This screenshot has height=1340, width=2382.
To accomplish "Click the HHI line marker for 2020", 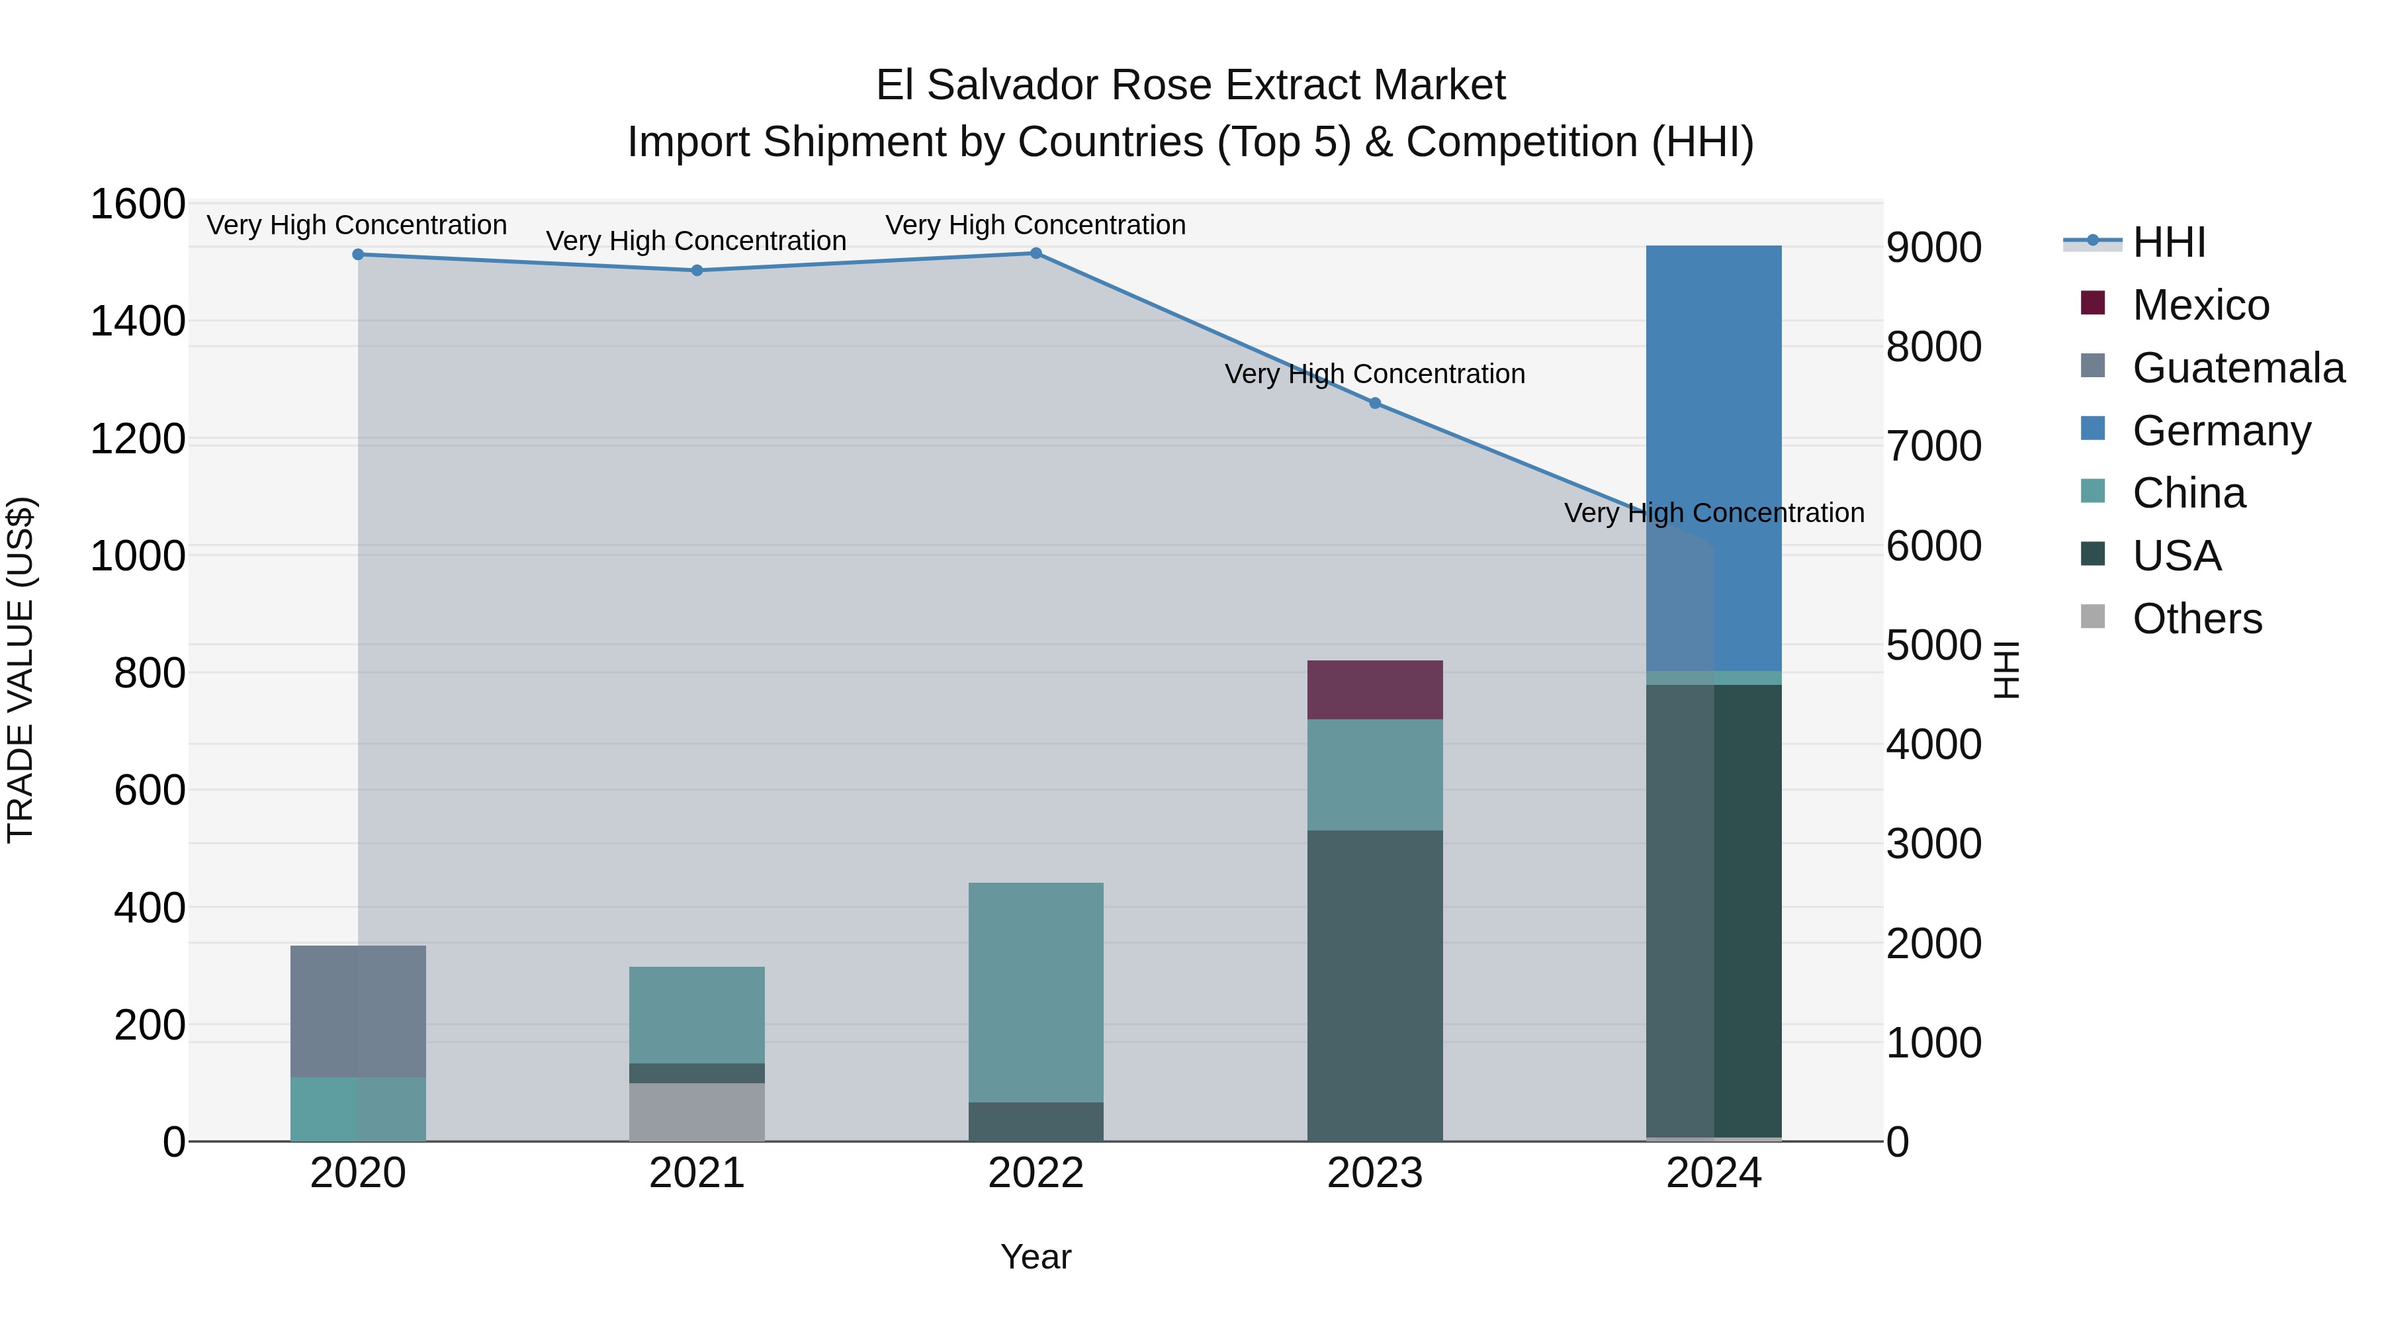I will pyautogui.click(x=358, y=254).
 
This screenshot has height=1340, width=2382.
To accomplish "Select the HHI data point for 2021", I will pyautogui.click(x=697, y=270).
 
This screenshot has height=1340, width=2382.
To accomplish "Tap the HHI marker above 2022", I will pyautogui.click(x=1036, y=253).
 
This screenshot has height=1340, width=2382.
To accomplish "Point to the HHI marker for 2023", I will pyautogui.click(x=1375, y=403).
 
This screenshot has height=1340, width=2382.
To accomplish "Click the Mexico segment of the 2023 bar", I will pyautogui.click(x=1375, y=690).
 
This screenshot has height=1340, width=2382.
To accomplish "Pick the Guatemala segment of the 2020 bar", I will pyautogui.click(x=358, y=1010).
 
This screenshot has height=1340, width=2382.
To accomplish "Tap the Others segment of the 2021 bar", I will pyautogui.click(x=697, y=1112).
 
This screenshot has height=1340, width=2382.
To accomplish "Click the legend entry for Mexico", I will pyautogui.click(x=2200, y=305).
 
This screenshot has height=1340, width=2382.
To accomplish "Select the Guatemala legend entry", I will pyautogui.click(x=2238, y=368).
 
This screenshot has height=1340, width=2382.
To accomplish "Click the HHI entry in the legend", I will pyautogui.click(x=2168, y=242).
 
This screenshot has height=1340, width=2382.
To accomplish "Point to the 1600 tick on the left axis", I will pyautogui.click(x=138, y=204).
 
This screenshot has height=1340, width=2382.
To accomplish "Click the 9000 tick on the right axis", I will pyautogui.click(x=1933, y=248).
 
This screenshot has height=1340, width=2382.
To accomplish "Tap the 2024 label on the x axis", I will pyautogui.click(x=1714, y=1173).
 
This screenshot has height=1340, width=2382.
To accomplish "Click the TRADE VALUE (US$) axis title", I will pyautogui.click(x=21, y=670).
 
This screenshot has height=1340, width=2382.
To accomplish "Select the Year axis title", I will pyautogui.click(x=1036, y=1257).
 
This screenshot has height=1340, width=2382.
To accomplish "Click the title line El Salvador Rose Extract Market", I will pyautogui.click(x=1190, y=85).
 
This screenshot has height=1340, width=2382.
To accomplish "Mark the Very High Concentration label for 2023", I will pyautogui.click(x=1375, y=374).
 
